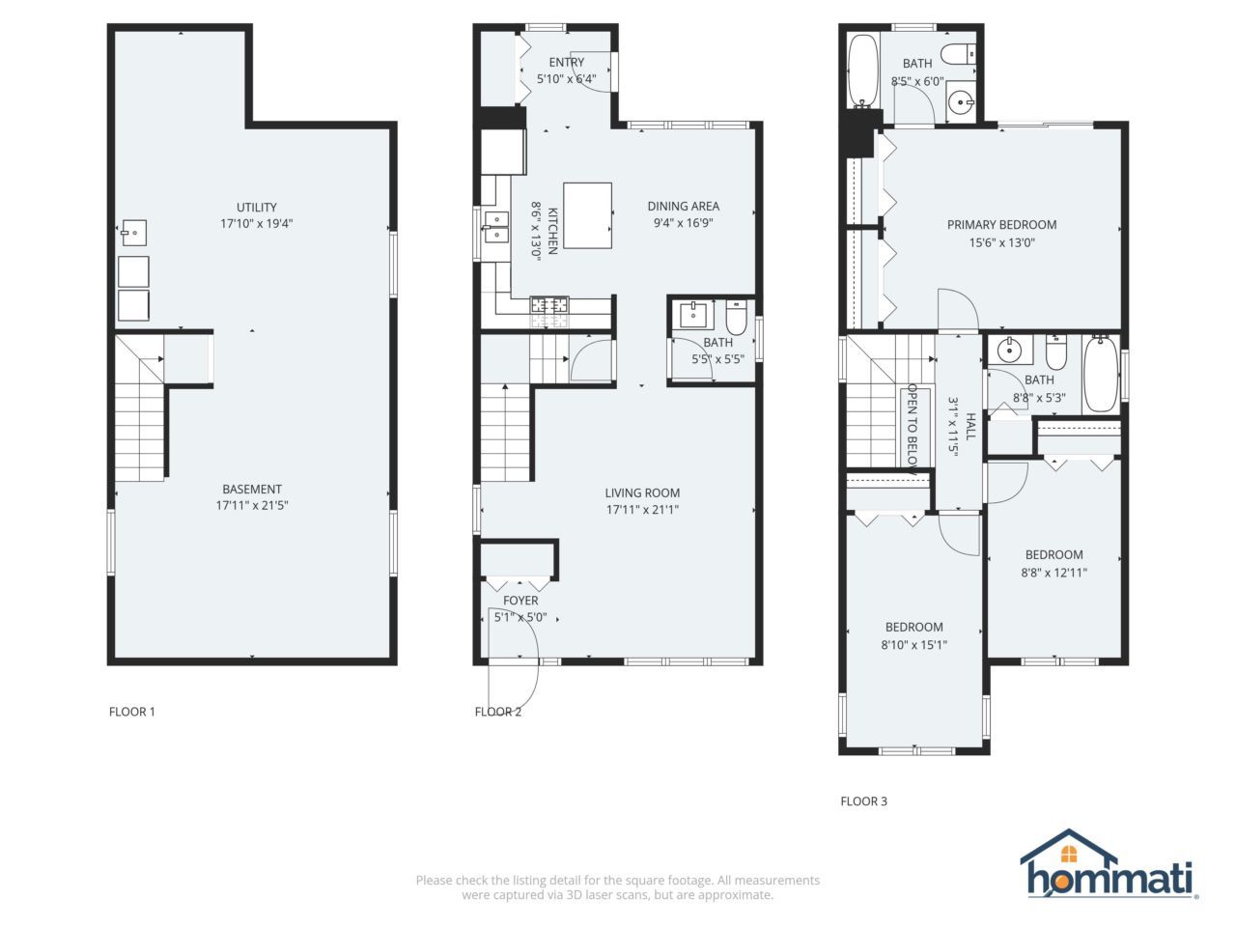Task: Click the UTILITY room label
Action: coord(257,207)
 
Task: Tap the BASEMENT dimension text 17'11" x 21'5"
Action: coord(252,505)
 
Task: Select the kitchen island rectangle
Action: coord(587,215)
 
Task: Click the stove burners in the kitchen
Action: coord(548,306)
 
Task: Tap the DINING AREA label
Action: coord(683,206)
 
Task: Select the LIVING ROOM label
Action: coord(642,492)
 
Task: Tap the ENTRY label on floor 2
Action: coord(566,63)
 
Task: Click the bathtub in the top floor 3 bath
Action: coord(861,71)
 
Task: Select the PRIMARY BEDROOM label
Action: coord(1001,224)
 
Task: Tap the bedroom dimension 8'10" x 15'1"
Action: coord(913,644)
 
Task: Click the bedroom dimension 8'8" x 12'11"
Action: coord(1053,572)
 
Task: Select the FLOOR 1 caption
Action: coord(131,712)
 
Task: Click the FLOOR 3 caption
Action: coord(863,801)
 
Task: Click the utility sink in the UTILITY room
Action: coord(133,232)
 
